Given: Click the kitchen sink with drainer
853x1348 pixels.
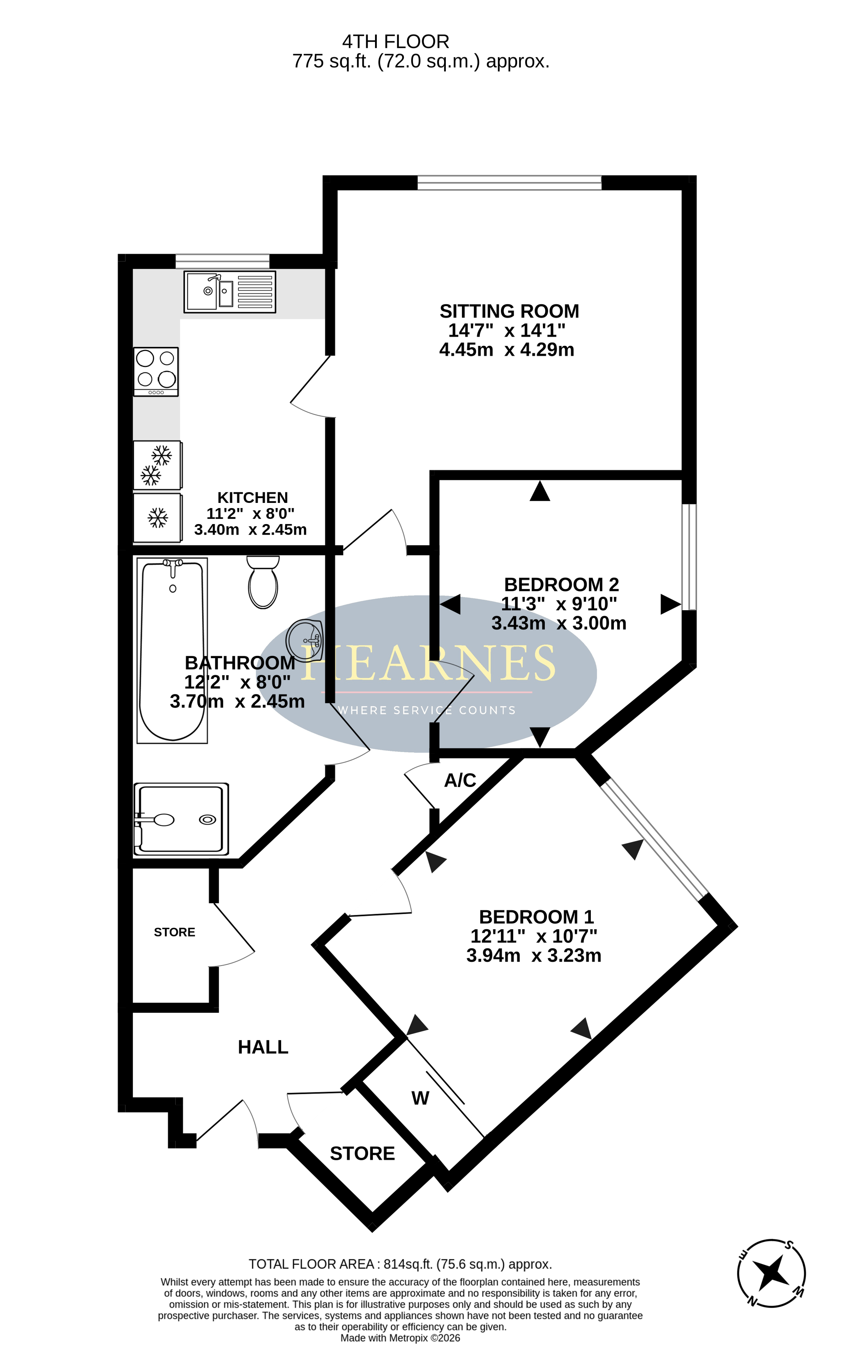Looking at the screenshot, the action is click(x=229, y=292).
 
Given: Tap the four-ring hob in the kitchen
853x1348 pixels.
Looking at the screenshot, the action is click(x=156, y=372).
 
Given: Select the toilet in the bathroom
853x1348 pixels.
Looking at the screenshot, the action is click(x=263, y=582).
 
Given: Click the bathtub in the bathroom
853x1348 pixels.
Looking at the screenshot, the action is click(x=172, y=650).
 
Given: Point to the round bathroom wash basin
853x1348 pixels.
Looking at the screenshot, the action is click(x=305, y=641).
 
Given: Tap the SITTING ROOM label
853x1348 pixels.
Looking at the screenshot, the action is click(x=509, y=311).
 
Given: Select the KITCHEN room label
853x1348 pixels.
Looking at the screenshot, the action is click(x=252, y=498).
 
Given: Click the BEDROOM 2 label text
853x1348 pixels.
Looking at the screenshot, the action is click(x=561, y=584).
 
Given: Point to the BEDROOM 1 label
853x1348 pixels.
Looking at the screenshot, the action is click(x=536, y=917).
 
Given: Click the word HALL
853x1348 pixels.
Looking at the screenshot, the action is click(x=263, y=1047).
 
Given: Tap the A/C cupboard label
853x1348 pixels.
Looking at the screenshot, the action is click(x=460, y=780).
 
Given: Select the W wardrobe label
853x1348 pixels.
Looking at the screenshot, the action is click(x=420, y=1098).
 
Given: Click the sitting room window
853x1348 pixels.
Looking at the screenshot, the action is click(x=509, y=183).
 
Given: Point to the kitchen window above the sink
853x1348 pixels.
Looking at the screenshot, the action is click(x=222, y=261).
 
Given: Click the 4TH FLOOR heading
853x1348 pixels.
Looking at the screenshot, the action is click(x=396, y=41).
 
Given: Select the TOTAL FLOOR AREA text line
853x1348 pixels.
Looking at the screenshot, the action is click(x=400, y=1264).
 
